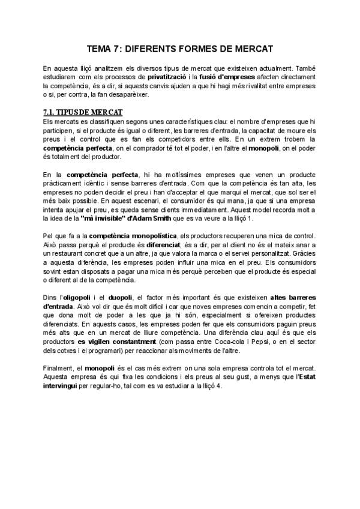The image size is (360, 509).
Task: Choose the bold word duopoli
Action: (123, 298)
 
